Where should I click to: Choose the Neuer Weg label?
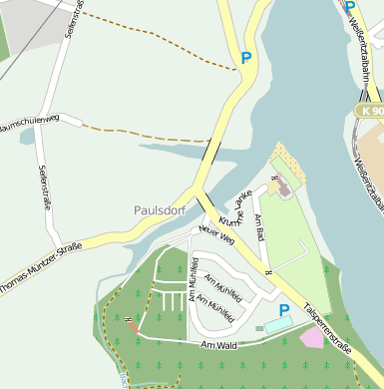pos(215,235)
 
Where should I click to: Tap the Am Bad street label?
pos(259,227)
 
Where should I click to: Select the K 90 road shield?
pos(372,110)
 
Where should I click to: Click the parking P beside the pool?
pos(284,311)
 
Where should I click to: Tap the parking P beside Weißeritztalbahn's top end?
pos(350,6)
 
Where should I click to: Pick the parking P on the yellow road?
pos(245,58)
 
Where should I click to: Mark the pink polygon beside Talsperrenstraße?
pos(311,338)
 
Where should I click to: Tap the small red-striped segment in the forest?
pos(133,324)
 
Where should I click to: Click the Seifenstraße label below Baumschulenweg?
pos(44,190)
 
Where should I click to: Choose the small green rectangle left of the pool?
pos(259,327)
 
